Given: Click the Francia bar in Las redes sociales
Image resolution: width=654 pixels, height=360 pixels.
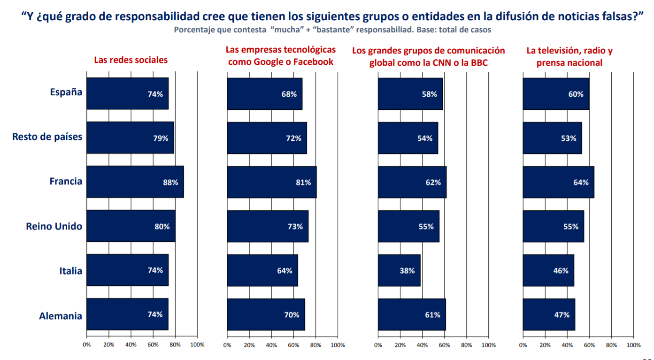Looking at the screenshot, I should (x=135, y=182).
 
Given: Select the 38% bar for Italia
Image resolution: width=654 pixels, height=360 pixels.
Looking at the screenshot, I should (x=399, y=270).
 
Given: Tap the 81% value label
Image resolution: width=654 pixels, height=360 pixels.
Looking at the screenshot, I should (x=303, y=182).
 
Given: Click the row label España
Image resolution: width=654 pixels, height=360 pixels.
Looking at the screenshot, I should (x=66, y=92).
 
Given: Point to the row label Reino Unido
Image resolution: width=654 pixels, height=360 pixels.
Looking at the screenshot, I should (x=54, y=226).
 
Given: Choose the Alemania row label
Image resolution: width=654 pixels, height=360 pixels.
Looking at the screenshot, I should (x=60, y=316).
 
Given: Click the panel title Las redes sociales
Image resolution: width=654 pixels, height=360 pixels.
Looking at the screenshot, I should (x=131, y=60).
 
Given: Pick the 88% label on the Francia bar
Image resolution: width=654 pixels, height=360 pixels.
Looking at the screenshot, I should (x=170, y=182).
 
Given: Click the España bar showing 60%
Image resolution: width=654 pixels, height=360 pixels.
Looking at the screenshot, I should (x=555, y=94).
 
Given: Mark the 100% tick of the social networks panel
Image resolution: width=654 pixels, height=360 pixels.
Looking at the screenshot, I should (x=197, y=345).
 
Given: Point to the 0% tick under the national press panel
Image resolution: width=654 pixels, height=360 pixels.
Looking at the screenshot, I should (x=523, y=345).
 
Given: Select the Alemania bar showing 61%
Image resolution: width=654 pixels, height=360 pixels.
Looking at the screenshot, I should (x=411, y=314).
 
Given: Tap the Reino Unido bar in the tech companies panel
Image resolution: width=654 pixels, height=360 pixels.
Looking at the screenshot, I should (x=267, y=226).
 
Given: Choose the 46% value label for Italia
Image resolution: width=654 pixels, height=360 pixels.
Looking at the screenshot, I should (x=561, y=270).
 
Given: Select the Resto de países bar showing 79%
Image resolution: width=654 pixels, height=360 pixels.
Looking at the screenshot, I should (x=130, y=138).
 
